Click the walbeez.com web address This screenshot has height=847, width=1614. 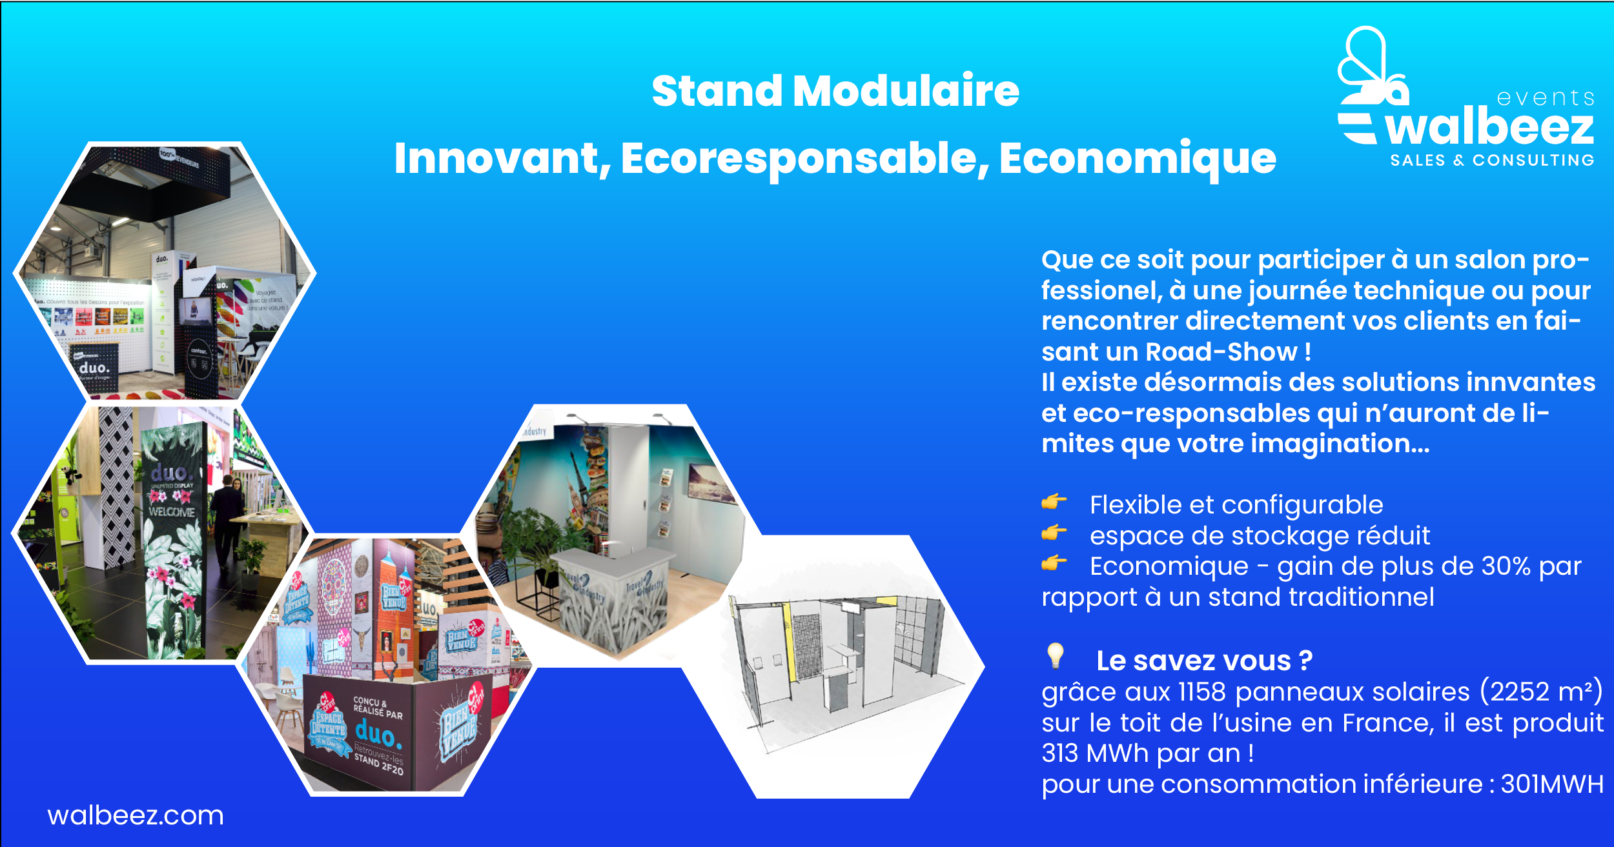(x=136, y=816)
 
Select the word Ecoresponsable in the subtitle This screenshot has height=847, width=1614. (x=804, y=159)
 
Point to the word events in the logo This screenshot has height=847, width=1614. (x=1545, y=98)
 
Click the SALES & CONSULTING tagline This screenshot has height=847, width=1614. (x=1492, y=160)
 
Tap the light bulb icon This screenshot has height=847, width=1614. (x=1055, y=656)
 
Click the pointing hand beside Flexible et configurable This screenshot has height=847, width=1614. (x=1054, y=502)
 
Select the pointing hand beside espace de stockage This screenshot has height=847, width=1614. (x=1054, y=533)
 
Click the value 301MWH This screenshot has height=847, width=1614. (x=1552, y=784)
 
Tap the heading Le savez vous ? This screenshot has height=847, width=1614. (x=1204, y=661)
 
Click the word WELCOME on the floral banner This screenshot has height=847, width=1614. (x=171, y=512)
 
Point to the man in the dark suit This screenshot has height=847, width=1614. (x=226, y=516)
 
